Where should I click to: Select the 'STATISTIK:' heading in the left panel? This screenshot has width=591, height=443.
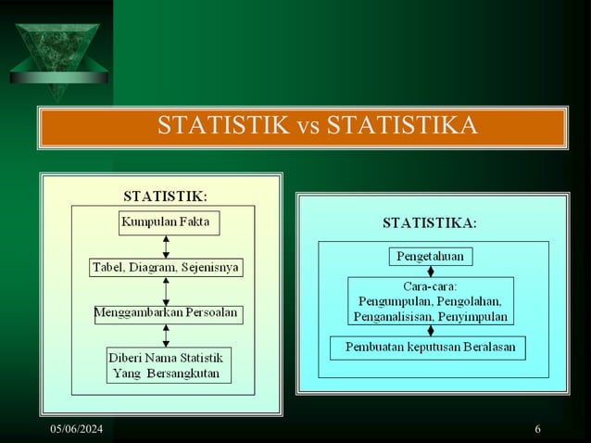(166, 196)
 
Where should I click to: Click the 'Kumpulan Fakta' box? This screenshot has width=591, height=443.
(165, 222)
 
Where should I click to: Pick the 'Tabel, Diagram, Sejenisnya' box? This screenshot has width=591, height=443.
(165, 268)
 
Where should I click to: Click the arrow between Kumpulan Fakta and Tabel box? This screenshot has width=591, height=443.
(165, 245)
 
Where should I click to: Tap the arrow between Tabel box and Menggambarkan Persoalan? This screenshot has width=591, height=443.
(165, 290)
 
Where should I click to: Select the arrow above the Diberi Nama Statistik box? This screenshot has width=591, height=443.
(165, 335)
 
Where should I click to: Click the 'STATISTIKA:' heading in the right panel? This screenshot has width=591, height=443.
(431, 222)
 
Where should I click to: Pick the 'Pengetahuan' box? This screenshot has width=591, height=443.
(430, 255)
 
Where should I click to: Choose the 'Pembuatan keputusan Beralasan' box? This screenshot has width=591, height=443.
(429, 348)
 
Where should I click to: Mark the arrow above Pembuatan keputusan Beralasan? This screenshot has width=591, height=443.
(430, 330)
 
